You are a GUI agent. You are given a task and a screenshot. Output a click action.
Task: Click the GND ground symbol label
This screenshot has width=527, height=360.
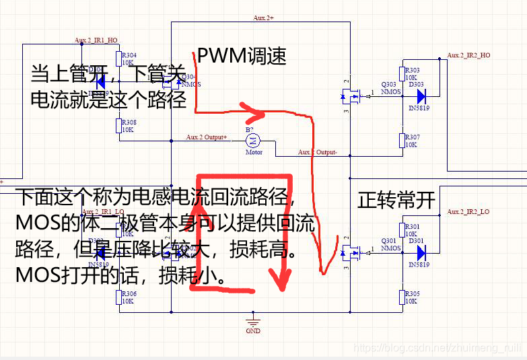pos(253,331)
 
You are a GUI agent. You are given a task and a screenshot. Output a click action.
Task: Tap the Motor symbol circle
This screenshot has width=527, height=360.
pos(254,140)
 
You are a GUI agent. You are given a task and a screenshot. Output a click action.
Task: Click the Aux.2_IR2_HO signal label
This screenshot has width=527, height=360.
pos(468,55)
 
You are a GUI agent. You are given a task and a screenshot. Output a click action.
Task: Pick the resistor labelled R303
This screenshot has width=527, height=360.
pos(402,73)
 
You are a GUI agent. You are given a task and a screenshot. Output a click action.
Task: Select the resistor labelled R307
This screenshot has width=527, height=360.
pos(402,141)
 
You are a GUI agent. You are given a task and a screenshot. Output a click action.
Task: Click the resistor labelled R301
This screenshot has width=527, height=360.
pos(402,229)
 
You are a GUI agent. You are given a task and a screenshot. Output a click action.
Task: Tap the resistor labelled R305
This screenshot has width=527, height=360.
pos(402,297)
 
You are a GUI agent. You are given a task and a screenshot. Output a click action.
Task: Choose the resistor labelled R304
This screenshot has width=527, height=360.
pos(118,59)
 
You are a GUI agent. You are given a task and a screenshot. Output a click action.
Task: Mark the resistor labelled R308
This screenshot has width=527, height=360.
pos(118,126)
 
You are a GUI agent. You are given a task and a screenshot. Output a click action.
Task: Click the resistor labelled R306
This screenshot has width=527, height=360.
pos(118,297)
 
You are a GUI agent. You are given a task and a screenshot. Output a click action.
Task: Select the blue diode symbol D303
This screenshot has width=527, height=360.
pos(421,96)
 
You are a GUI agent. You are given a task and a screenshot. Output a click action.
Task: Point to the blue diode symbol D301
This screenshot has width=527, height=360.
pos(421,252)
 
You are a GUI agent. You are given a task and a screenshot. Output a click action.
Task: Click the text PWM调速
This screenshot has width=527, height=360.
pos(242,57)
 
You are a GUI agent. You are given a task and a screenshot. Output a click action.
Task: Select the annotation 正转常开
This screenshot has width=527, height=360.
pos(396,201)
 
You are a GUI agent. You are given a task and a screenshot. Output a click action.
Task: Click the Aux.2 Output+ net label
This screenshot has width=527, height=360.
pos(207,137)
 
